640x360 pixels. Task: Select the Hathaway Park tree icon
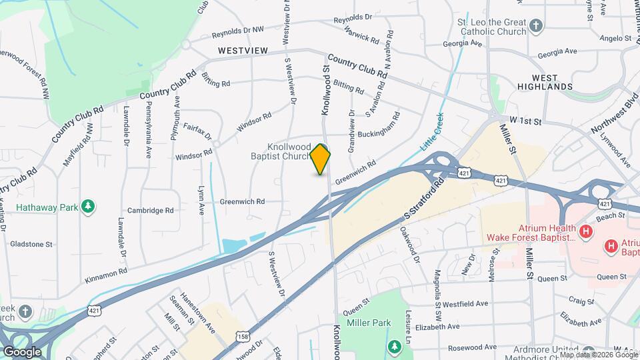(87, 206)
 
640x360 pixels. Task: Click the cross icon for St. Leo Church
(537, 27)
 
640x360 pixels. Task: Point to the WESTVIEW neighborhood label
(243, 51)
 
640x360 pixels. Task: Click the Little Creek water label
(431, 133)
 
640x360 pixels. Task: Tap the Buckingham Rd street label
(379, 123)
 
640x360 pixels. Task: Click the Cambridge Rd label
(151, 210)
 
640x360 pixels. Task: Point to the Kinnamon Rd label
(105, 273)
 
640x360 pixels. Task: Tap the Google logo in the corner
(23, 351)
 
